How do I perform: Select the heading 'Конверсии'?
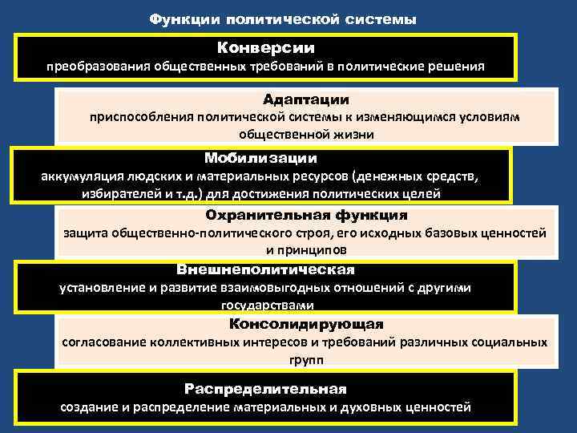266,47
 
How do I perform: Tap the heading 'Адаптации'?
305,99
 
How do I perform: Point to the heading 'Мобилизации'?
260,158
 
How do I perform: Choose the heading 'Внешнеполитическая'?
264,269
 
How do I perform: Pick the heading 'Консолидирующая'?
306,324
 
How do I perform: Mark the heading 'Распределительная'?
265,389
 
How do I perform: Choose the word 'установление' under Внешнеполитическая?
99,288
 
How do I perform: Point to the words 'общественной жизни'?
305,135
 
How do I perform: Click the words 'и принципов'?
305,251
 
